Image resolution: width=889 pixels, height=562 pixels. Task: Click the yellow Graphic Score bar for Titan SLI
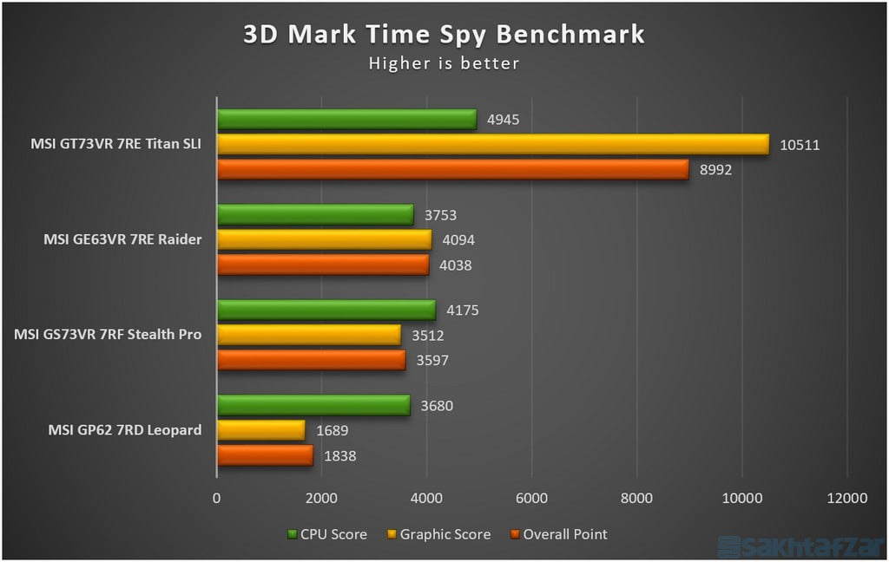coord(492,144)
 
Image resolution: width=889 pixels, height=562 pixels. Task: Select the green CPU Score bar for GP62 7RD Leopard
coord(313,405)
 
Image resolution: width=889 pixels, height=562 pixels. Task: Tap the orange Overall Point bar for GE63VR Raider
coord(322,265)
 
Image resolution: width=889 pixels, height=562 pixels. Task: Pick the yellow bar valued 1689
coord(260,430)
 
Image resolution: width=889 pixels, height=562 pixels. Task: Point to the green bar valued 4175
coord(326,310)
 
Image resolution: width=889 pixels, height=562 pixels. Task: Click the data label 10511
coord(800,145)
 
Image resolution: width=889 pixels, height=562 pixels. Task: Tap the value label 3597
coord(431,360)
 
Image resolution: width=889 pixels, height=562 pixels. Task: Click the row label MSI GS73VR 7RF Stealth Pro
coord(109,334)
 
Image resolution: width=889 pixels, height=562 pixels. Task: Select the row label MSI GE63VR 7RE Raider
coord(122,239)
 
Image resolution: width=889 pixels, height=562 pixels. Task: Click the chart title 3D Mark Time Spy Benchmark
coord(444,34)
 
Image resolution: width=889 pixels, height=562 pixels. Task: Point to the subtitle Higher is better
coord(444,63)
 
